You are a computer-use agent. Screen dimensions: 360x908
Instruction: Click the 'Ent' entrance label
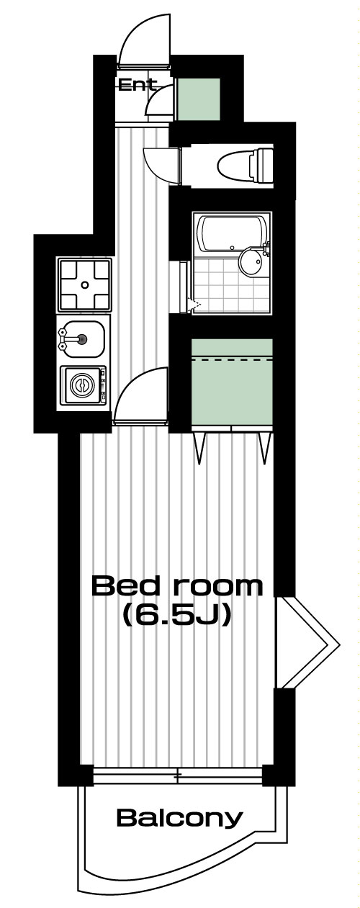pos(137,85)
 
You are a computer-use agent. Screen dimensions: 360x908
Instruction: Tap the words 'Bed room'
pos(177,586)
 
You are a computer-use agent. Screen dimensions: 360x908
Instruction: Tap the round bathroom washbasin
pos(251,263)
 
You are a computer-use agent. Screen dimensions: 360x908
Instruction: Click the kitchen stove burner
pos(84,284)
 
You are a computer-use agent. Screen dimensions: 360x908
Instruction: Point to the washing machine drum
pos(82,385)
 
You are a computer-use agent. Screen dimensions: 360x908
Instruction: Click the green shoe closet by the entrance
pos(199,99)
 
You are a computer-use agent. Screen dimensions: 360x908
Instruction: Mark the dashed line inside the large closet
pos(232,359)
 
